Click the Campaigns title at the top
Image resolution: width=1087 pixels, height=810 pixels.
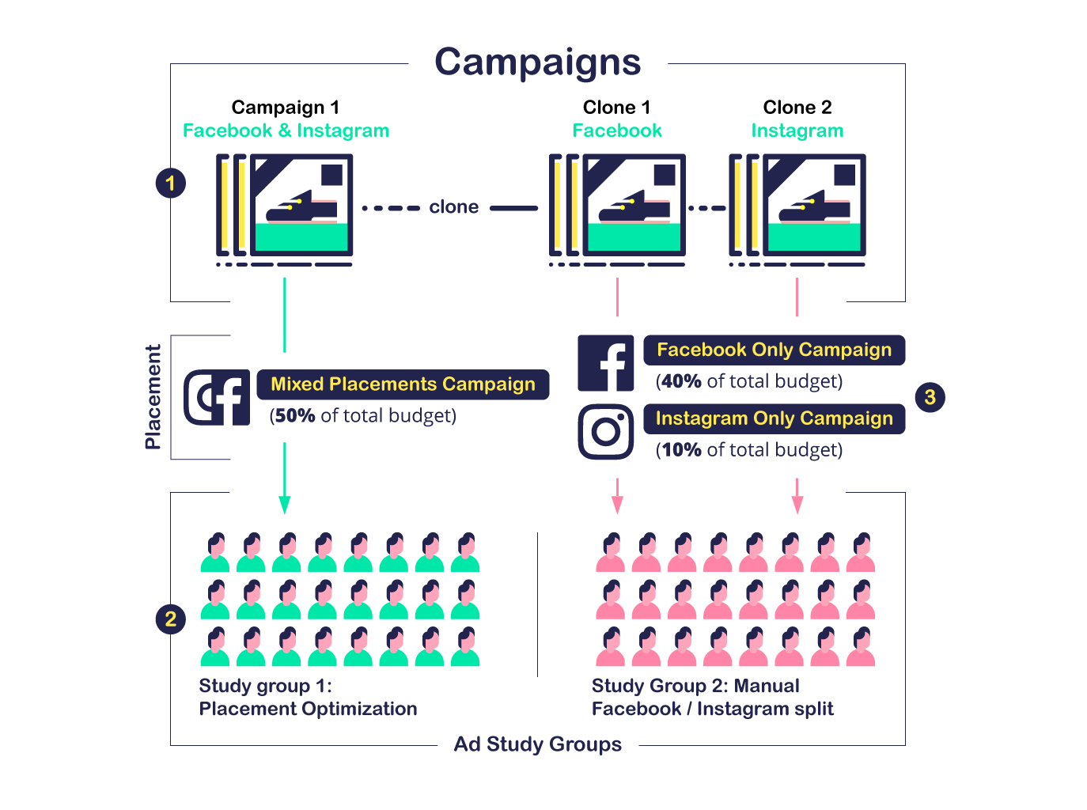click(537, 62)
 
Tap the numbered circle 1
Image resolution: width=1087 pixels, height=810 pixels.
click(170, 184)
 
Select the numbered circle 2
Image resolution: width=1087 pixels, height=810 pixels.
click(170, 619)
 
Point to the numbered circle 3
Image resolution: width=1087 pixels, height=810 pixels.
click(930, 397)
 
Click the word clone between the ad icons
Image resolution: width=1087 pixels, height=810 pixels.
click(453, 207)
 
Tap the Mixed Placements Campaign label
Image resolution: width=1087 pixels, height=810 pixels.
click(403, 384)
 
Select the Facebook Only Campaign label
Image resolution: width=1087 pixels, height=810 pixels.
click(774, 350)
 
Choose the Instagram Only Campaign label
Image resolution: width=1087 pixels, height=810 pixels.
click(774, 418)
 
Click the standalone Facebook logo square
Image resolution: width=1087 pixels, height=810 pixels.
click(605, 363)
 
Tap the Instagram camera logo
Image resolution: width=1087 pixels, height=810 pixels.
click(605, 432)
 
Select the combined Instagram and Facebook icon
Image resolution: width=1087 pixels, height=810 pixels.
click(217, 397)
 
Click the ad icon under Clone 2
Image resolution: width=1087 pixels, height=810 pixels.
click(797, 207)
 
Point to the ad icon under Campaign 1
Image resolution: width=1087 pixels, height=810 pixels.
click(284, 207)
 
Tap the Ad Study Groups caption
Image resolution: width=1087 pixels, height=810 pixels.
click(537, 744)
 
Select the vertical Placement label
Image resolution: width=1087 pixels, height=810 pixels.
click(153, 397)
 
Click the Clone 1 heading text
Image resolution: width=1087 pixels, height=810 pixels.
click(616, 108)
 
